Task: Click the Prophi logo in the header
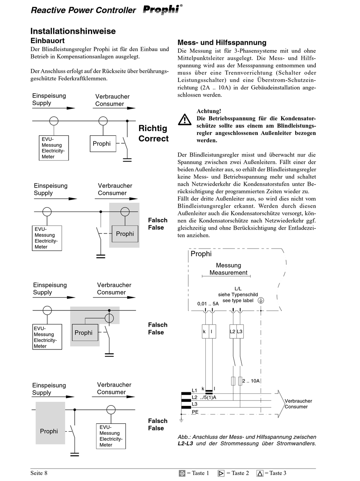pyautogui.click(x=163, y=9)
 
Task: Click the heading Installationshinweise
pyautogui.click(x=73, y=31)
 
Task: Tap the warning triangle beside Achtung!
pyautogui.click(x=185, y=120)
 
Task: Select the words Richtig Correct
pyautogui.click(x=153, y=133)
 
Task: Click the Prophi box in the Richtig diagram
pyautogui.click(x=103, y=144)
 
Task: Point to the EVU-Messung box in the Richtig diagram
pyautogui.click(x=54, y=148)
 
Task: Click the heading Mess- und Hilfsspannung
pyautogui.click(x=222, y=42)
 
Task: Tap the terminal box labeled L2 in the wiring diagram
pyautogui.click(x=233, y=331)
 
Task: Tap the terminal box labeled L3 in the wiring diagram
pyautogui.click(x=240, y=331)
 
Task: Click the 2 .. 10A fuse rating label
pyautogui.click(x=251, y=381)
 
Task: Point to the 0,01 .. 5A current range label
pyautogui.click(x=208, y=304)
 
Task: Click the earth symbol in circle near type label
pyautogui.click(x=261, y=301)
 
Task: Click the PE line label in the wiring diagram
pyautogui.click(x=195, y=412)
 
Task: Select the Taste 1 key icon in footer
pyautogui.click(x=182, y=473)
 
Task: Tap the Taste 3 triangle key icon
pyautogui.click(x=260, y=473)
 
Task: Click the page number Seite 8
pyautogui.click(x=39, y=473)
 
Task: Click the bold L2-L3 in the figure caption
pyautogui.click(x=185, y=443)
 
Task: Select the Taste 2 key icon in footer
pyautogui.click(x=221, y=473)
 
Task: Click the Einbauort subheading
pyautogui.click(x=47, y=41)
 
